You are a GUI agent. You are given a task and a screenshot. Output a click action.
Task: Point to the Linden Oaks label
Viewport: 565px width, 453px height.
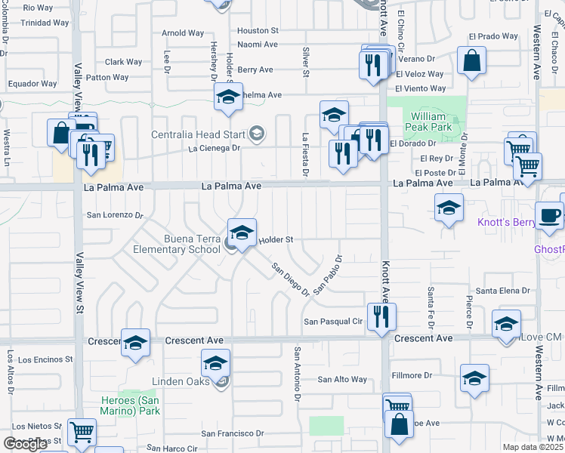181,382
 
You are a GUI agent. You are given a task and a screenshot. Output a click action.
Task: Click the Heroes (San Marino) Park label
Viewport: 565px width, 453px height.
131,405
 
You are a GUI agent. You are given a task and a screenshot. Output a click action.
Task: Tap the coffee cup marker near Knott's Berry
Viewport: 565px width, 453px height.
549,215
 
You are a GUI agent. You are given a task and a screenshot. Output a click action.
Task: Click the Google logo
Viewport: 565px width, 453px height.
26,444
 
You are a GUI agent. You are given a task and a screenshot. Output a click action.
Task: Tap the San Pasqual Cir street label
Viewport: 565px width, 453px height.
334,322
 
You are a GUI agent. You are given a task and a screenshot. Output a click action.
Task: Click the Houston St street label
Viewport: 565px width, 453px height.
258,31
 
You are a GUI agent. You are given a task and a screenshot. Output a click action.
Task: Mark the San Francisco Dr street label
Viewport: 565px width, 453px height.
232,433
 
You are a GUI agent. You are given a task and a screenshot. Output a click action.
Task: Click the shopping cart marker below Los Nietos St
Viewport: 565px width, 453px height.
82,433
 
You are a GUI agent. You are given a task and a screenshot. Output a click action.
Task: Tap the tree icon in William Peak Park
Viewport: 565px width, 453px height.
455,121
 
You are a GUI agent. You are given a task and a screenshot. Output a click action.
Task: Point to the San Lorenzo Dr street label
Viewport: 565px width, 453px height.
115,215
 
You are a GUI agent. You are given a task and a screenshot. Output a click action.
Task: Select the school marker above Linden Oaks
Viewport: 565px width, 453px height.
215,363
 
